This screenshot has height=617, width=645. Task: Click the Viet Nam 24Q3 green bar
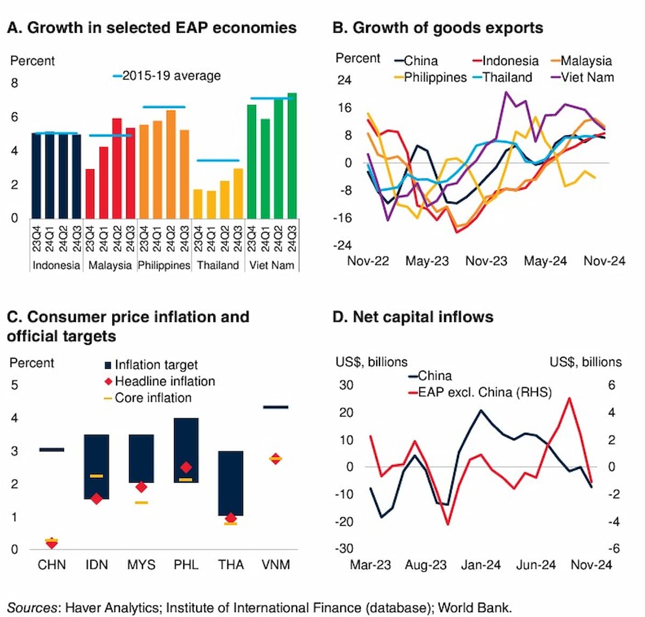[292, 156]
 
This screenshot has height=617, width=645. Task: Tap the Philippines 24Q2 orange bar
[171, 164]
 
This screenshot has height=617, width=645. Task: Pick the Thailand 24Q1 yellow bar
[211, 205]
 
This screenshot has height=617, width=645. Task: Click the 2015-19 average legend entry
[167, 76]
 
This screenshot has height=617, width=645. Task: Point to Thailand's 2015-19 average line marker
[218, 160]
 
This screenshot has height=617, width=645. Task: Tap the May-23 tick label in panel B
[427, 261]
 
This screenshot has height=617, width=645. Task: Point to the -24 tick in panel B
[343, 245]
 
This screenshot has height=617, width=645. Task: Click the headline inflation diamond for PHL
[186, 467]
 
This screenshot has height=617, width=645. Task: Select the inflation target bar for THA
[231, 483]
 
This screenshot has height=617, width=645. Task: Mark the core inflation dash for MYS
[141, 503]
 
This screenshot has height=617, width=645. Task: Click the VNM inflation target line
[275, 407]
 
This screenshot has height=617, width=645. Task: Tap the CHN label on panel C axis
[52, 564]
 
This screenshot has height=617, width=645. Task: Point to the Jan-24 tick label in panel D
[481, 565]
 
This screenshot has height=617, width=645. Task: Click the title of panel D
[413, 317]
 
